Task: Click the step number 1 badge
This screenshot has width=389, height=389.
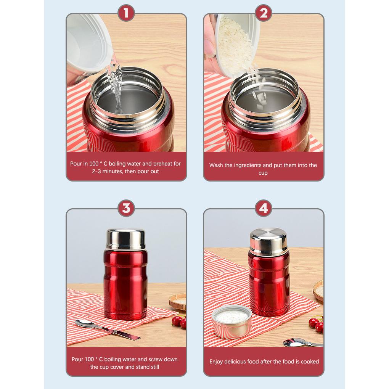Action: click(126, 13)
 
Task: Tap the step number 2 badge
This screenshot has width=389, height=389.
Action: click(264, 13)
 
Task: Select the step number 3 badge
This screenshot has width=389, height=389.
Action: click(126, 208)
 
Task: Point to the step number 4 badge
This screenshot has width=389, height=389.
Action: click(264, 208)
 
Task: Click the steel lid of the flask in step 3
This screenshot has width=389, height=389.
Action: click(125, 240)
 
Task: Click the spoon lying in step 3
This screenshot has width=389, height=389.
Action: click(107, 330)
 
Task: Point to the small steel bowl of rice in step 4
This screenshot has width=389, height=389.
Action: click(232, 321)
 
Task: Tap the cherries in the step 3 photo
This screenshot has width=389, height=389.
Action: click(179, 322)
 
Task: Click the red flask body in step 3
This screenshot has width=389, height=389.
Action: click(125, 284)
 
